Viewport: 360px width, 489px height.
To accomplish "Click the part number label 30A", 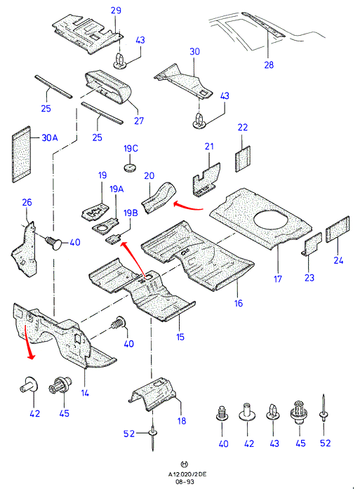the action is (50, 138).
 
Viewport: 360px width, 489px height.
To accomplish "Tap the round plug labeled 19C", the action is (130, 167).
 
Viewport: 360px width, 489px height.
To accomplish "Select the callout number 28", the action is (269, 65).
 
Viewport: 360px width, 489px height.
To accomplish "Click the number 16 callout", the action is (238, 303).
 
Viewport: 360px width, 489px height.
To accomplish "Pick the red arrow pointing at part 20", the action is (188, 206).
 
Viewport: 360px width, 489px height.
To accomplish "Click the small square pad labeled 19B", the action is (113, 239).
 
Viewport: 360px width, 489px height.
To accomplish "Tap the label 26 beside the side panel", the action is (27, 202).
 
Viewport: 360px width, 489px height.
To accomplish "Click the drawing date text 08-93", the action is (185, 482).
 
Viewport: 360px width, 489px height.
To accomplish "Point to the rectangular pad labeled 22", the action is (243, 159).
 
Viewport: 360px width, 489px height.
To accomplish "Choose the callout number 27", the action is (139, 121).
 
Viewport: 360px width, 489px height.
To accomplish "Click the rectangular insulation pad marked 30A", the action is (22, 154).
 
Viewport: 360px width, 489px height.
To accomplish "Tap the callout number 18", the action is (182, 421).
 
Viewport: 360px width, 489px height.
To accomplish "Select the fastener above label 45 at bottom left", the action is (60, 385).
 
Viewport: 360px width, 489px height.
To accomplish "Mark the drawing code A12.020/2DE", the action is (187, 474).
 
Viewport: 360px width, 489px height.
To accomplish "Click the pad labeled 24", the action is (338, 229).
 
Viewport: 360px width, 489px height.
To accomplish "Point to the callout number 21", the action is (209, 146).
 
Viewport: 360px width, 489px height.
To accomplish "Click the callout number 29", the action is (116, 11).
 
